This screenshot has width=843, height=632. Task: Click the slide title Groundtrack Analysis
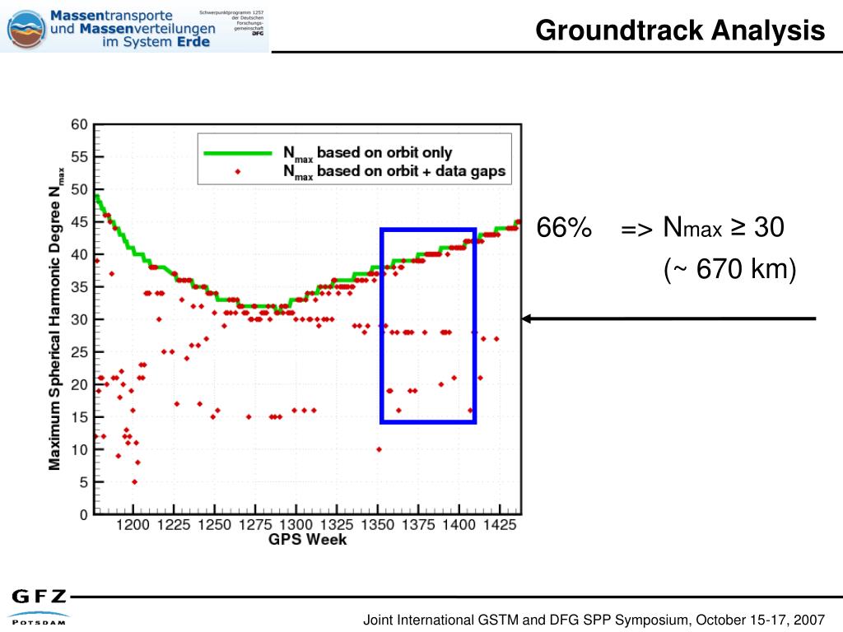click(679, 30)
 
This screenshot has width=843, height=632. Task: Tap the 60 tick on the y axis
click(79, 125)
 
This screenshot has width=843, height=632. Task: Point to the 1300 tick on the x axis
click(295, 525)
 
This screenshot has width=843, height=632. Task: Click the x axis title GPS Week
click(307, 540)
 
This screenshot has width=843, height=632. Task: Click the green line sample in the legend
click(239, 153)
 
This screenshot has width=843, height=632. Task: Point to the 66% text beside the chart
click(564, 228)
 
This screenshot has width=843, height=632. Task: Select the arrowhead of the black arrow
click(528, 318)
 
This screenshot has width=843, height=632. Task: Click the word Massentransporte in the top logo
click(111, 15)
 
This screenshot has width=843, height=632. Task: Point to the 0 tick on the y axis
click(83, 515)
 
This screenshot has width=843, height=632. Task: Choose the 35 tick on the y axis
click(79, 287)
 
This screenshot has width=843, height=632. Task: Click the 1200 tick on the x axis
click(133, 525)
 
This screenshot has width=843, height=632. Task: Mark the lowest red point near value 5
click(134, 482)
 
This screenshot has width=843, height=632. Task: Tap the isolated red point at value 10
click(379, 449)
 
